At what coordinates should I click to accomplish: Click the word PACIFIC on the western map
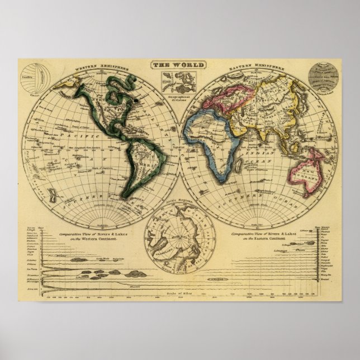(63, 136)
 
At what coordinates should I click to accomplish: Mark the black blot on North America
(136, 102)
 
